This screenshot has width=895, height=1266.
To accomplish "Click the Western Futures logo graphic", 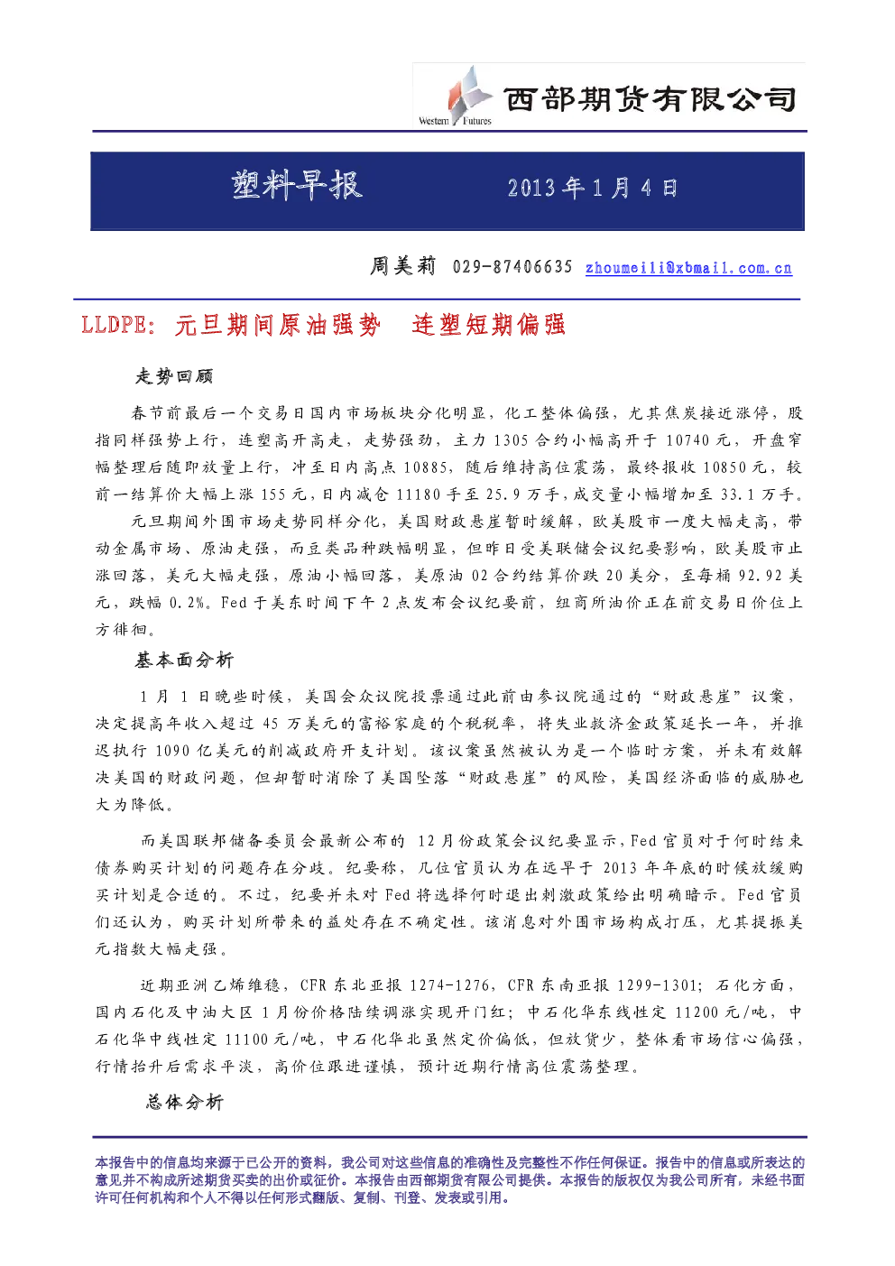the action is coord(456,96).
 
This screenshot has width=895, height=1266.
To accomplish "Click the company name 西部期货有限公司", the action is coord(650,100).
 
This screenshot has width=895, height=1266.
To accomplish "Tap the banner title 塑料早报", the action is coord(297,185).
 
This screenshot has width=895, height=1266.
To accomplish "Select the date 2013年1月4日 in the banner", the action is coord(592,189).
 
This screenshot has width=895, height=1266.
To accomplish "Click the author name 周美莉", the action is coord(402,265).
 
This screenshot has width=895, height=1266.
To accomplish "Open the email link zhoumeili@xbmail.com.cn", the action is coord(688,267).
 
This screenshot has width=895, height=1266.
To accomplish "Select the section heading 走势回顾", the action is coord(174,376).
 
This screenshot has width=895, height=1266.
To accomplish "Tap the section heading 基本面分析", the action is coord(184,660).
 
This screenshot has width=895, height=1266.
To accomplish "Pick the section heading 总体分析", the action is coord(185,1102).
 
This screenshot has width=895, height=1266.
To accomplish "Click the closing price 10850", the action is coord(724,467).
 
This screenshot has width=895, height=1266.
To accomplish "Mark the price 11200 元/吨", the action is coord(720,1012).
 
